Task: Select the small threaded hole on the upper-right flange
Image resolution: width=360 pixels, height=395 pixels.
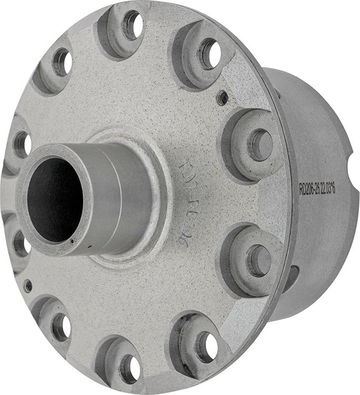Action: pos(223,97)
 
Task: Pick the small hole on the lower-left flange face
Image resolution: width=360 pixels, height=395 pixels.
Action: pos(28,286)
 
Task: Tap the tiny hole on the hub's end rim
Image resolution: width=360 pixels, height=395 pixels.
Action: pos(71,242)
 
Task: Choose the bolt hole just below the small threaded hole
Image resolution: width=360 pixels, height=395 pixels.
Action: pos(260,144)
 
